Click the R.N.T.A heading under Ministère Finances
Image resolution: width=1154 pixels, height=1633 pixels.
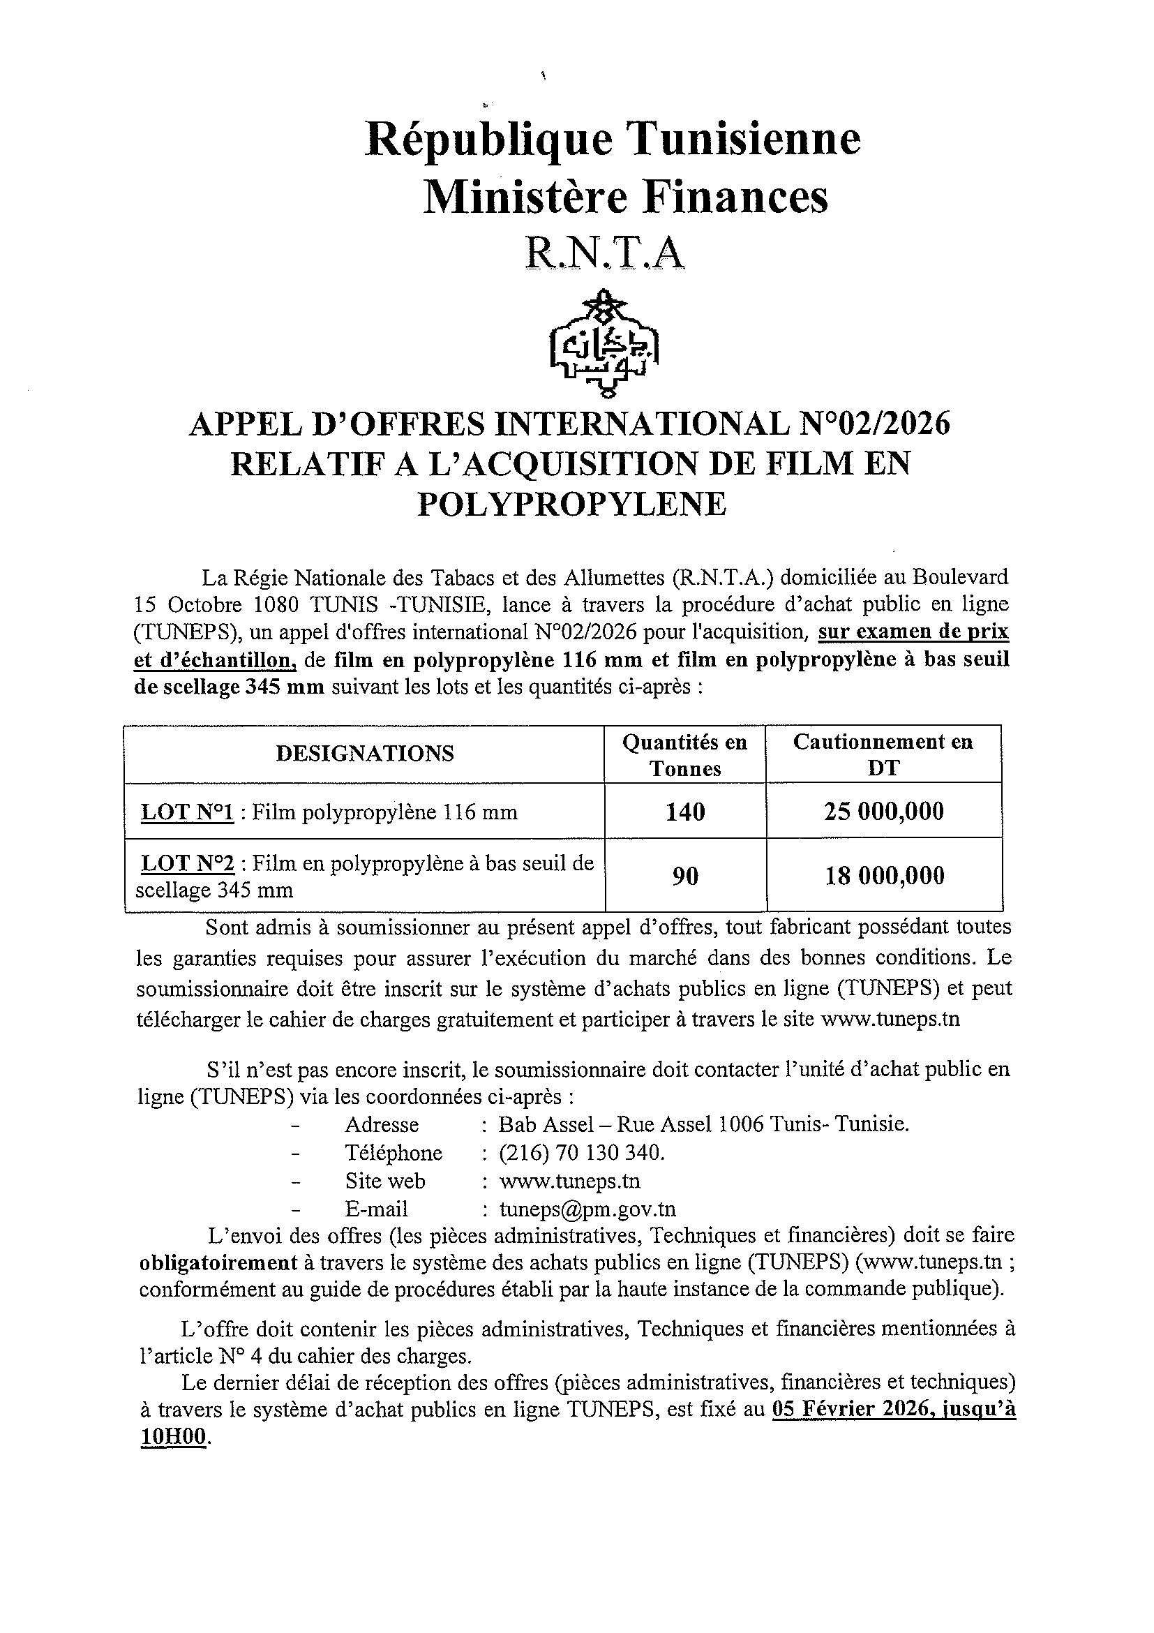point(605,253)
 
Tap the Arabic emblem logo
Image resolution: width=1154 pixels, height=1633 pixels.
point(605,343)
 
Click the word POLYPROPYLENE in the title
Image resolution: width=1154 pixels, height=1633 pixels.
point(571,504)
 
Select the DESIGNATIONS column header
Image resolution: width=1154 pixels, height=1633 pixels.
point(365,753)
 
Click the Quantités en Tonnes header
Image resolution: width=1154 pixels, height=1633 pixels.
point(684,754)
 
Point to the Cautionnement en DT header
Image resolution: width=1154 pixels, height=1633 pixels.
point(883,754)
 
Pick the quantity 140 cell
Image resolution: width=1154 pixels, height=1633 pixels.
point(684,811)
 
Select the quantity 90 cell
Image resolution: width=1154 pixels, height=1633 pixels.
point(684,875)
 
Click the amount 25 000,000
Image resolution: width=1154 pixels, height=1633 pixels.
point(884,811)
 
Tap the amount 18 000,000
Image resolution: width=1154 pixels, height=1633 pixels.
point(884,875)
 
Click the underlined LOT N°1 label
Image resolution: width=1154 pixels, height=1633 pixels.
point(188,812)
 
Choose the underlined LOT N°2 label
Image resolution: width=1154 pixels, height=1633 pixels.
point(188,863)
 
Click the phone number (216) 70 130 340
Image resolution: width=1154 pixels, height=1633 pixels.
point(581,1151)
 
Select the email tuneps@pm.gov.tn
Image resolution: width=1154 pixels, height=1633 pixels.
point(587,1209)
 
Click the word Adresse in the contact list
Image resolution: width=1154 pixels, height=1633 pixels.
point(382,1124)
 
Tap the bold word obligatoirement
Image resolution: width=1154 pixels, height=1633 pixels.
point(218,1263)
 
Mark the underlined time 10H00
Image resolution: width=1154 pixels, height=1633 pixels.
point(174,1436)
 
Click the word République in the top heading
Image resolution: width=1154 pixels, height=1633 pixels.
point(488,139)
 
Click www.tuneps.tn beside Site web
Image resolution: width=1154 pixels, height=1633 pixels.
point(569,1181)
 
